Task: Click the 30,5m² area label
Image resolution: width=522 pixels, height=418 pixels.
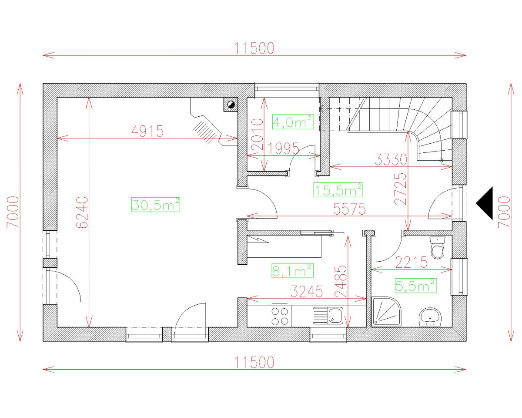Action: (x=155, y=204)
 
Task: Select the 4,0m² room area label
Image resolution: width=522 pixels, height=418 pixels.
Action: (x=293, y=122)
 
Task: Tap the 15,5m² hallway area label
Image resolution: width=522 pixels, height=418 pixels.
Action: (x=338, y=190)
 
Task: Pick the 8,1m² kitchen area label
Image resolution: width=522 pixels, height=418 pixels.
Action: (x=292, y=271)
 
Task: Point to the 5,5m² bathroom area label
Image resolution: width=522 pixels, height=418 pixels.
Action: (x=415, y=286)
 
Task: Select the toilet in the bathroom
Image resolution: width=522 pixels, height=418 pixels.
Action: (x=437, y=247)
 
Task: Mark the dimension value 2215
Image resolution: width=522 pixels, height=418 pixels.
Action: (x=412, y=263)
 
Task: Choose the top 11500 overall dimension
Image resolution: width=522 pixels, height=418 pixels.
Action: (x=255, y=48)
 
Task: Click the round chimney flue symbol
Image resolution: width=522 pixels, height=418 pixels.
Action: (x=231, y=104)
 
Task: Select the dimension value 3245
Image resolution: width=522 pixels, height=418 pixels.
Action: (x=307, y=292)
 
